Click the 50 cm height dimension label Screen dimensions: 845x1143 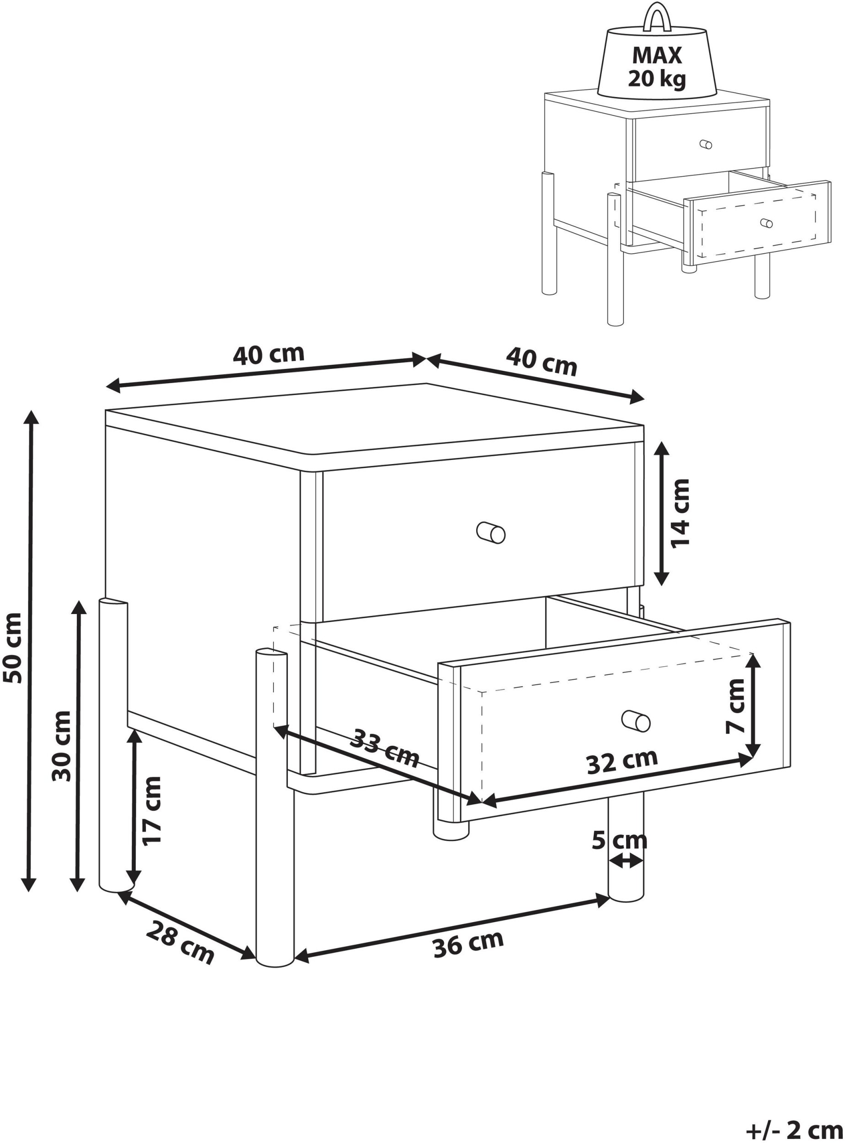pos(12,647)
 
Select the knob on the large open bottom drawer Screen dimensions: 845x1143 pos(636,721)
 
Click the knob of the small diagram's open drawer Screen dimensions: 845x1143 pos(766,223)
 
